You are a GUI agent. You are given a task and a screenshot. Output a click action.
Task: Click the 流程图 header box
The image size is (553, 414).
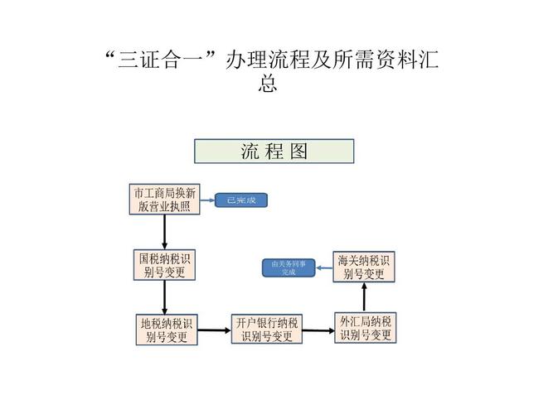click(x=274, y=151)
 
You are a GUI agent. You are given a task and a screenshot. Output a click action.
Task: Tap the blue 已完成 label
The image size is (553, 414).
click(x=241, y=200)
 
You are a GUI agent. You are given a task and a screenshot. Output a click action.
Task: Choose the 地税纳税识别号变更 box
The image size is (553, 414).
click(x=167, y=330)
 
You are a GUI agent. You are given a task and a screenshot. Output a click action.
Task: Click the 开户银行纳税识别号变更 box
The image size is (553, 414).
click(x=266, y=329)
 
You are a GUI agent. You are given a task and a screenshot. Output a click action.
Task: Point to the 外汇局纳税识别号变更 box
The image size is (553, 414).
click(x=366, y=328)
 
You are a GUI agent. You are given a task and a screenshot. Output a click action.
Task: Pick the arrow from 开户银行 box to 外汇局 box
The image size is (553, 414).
click(x=318, y=330)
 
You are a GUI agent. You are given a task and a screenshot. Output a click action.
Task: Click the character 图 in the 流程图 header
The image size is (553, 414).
click(x=299, y=151)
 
